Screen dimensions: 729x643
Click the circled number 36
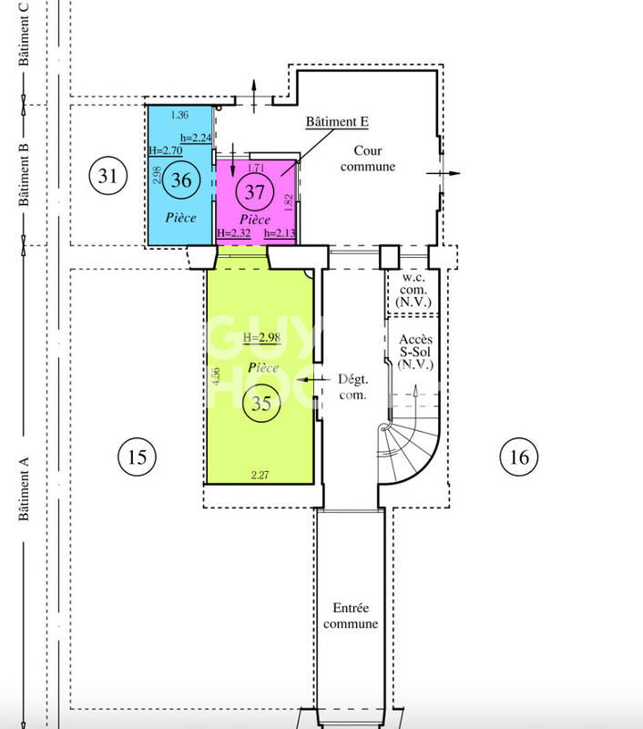(x=181, y=180)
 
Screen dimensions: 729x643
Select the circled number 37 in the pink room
(x=254, y=192)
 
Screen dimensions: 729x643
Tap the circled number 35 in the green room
(x=261, y=406)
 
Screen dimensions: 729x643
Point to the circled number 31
(x=107, y=175)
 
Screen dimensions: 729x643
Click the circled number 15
(x=137, y=456)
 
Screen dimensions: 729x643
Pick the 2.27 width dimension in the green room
(x=261, y=474)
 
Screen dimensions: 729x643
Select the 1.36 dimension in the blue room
(x=180, y=115)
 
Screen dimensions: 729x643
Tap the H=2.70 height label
(x=166, y=150)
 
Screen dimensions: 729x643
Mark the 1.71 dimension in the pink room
(x=257, y=168)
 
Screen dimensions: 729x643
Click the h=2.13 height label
(x=281, y=234)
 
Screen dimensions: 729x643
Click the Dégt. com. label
(x=352, y=387)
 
